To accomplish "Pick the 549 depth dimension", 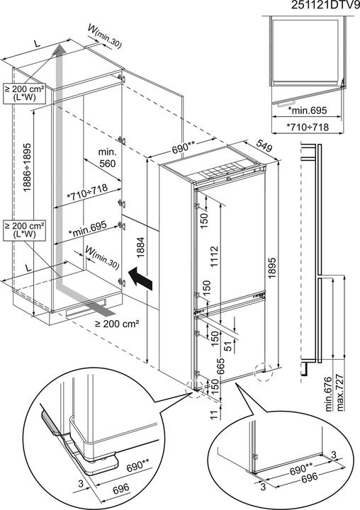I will click(264, 142).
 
